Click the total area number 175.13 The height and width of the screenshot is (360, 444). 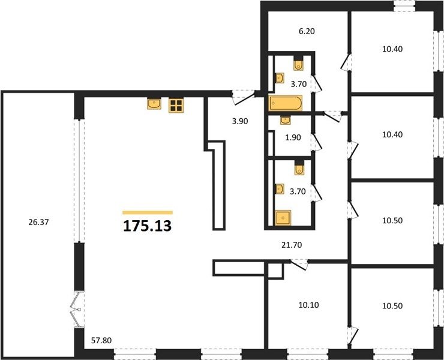point(148,226)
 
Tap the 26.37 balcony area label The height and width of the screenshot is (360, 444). point(38,223)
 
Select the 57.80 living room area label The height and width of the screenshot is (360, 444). point(101,340)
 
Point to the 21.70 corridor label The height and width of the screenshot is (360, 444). point(292,245)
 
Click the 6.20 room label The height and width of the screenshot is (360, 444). point(307,31)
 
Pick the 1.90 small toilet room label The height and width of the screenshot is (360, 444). point(293,137)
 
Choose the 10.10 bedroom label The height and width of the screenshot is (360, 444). point(308,305)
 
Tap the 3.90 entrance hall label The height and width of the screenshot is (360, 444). point(240,121)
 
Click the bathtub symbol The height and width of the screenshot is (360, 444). point(286,103)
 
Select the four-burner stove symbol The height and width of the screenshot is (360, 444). point(176,106)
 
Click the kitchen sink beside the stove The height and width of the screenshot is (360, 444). point(154,104)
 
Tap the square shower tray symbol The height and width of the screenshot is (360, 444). point(283,218)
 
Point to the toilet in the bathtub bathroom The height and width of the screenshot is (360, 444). point(298,65)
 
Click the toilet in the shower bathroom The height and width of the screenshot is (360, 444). point(299,169)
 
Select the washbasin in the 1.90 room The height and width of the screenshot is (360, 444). point(285,120)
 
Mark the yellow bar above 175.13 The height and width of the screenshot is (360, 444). point(148,213)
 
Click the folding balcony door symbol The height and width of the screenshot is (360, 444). point(76,310)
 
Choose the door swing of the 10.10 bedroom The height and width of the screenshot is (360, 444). point(299,265)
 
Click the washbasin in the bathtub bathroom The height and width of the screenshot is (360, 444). point(280,78)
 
